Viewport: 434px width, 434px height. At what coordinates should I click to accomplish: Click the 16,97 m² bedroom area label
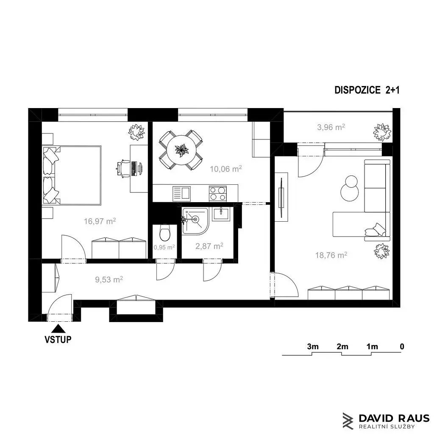pyautogui.click(x=100, y=221)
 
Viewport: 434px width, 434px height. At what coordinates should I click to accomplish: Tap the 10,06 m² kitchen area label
pyautogui.click(x=225, y=169)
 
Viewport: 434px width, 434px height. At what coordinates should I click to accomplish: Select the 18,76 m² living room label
pyautogui.click(x=331, y=255)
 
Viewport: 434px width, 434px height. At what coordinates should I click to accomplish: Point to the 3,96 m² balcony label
pyautogui.click(x=331, y=127)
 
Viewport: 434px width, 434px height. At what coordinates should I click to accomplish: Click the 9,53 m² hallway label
pyautogui.click(x=109, y=279)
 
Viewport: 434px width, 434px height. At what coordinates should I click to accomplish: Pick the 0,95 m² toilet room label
pyautogui.click(x=164, y=247)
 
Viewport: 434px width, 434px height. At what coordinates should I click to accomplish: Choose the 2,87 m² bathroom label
pyautogui.click(x=209, y=246)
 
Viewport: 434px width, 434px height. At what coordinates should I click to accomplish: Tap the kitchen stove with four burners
pyautogui.click(x=218, y=193)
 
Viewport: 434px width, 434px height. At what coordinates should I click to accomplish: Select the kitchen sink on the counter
pyautogui.click(x=181, y=193)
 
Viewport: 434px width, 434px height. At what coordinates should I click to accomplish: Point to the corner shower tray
pyautogui.click(x=195, y=221)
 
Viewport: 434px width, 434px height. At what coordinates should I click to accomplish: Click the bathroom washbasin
pyautogui.click(x=220, y=214)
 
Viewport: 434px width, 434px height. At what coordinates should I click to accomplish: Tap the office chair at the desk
pyautogui.click(x=123, y=168)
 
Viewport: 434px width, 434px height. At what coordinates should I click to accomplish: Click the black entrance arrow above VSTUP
pyautogui.click(x=58, y=328)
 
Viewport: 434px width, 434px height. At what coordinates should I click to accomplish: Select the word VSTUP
pyautogui.click(x=58, y=339)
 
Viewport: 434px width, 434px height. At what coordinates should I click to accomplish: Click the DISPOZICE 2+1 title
pyautogui.click(x=367, y=90)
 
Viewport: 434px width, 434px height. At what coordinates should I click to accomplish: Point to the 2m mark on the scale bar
pyautogui.click(x=342, y=347)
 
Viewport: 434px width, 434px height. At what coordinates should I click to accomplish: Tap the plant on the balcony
pyautogui.click(x=382, y=132)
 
